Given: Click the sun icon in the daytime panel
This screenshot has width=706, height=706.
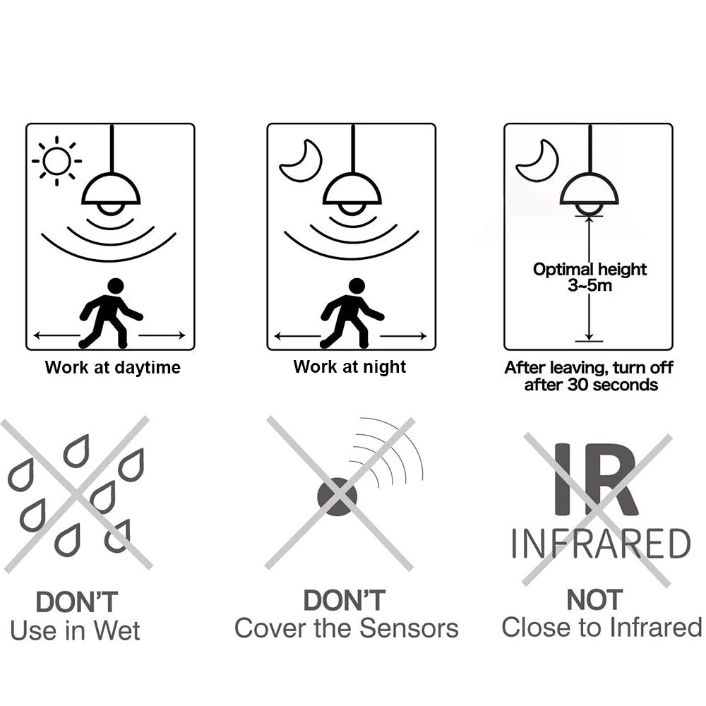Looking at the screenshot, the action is (x=56, y=161).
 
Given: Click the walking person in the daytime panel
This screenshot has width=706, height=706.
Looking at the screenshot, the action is (x=111, y=313).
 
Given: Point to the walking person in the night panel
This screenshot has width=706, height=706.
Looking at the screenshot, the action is (x=352, y=313).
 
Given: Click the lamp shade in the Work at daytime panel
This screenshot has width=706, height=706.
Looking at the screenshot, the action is (x=111, y=189).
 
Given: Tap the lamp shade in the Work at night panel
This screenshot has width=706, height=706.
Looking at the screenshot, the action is (x=352, y=189).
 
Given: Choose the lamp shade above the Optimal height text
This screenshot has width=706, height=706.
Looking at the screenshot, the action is (x=590, y=189).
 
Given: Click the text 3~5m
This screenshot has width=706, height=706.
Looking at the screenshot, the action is (x=590, y=285).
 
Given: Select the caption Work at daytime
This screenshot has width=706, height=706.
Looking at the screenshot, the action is (x=112, y=367).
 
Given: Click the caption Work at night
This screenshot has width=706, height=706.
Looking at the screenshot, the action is (x=349, y=367).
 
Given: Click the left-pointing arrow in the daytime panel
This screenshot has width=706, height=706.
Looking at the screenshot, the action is (x=57, y=335).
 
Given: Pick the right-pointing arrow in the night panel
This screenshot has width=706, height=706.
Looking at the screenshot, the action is (x=403, y=336).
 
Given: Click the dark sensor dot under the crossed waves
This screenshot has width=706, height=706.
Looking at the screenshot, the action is (x=337, y=496).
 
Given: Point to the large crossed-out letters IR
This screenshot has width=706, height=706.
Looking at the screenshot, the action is (x=596, y=479).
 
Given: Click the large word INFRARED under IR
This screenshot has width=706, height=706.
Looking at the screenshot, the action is (x=601, y=544).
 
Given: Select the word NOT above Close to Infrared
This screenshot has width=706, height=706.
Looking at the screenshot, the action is (x=594, y=599).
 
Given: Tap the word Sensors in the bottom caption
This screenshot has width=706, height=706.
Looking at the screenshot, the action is (x=409, y=628).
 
